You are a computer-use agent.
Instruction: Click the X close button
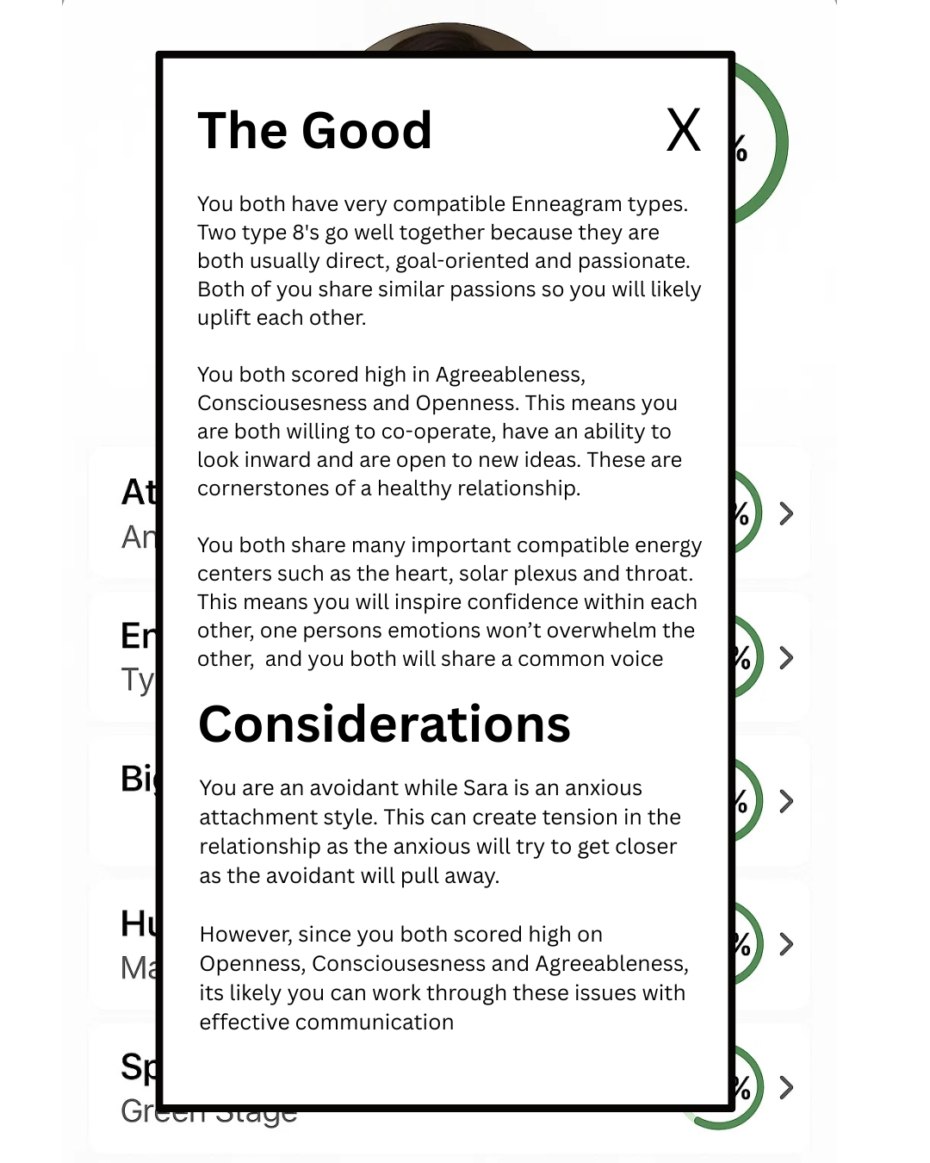[684, 131]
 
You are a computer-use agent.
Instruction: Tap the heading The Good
[314, 131]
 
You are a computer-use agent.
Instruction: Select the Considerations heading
[384, 725]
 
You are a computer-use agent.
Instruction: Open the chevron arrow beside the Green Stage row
[786, 1088]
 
